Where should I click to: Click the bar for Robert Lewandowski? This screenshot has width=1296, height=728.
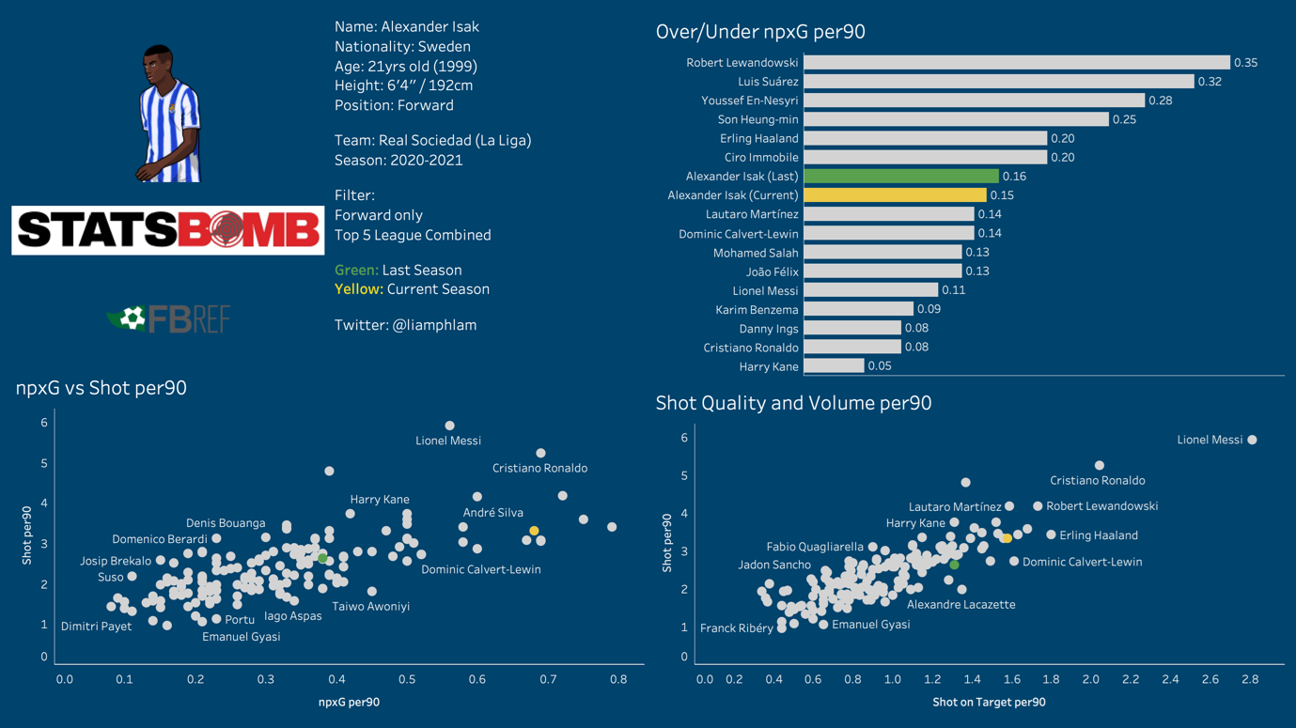click(x=1016, y=63)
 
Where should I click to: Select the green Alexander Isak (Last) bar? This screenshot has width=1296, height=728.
click(x=900, y=177)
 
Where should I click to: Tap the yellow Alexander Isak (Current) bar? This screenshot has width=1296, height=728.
click(x=895, y=195)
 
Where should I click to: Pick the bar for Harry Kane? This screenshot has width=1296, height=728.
click(x=834, y=366)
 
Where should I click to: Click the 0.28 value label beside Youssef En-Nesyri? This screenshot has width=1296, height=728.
click(x=1161, y=101)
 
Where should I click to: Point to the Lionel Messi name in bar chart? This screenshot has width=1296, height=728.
click(x=765, y=290)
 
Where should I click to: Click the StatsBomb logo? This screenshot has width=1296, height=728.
click(x=167, y=230)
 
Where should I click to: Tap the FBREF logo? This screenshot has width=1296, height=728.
click(x=168, y=319)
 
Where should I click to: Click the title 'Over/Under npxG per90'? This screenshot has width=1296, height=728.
click(x=760, y=32)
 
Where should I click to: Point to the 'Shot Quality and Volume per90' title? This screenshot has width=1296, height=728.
click(x=793, y=403)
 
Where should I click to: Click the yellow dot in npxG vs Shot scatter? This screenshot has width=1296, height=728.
click(x=534, y=532)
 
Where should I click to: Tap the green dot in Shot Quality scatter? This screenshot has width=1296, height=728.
click(x=954, y=565)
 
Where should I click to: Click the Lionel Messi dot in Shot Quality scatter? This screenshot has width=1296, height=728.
click(x=1252, y=440)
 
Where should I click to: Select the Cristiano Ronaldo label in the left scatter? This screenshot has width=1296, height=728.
click(x=539, y=468)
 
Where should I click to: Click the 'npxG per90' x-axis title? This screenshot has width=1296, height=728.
click(x=349, y=702)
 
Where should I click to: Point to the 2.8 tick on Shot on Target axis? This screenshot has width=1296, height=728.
click(x=1250, y=679)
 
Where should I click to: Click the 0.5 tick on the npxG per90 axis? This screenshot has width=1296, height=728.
click(x=406, y=679)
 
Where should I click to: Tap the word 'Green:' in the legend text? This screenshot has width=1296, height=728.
click(x=356, y=271)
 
